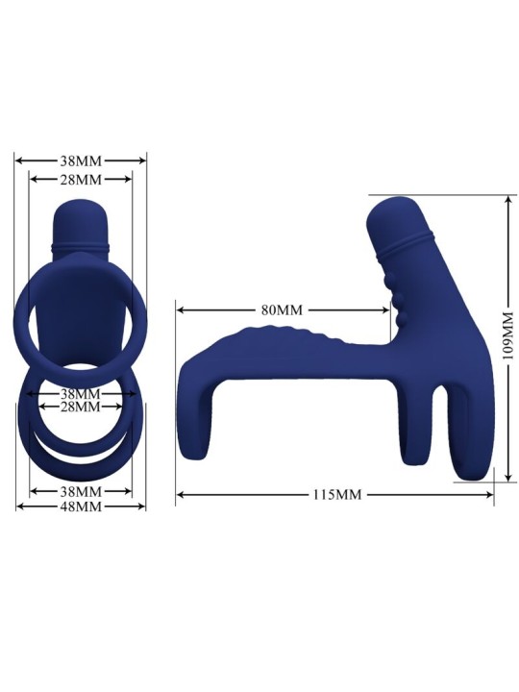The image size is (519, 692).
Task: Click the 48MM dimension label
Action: tap(81, 507)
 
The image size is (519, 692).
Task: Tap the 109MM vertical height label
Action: tap(508, 336)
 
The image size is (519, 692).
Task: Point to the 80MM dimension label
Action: tap(282, 309)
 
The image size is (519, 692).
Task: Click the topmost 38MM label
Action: tap(81, 161)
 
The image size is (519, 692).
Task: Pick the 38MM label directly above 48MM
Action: tap(81, 491)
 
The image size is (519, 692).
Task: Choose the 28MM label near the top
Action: tap(81, 180)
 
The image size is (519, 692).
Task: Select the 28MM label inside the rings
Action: tap(81, 408)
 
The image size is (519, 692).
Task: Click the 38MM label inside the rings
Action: tap(81, 394)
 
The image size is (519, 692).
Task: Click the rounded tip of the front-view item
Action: tap(81, 213)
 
